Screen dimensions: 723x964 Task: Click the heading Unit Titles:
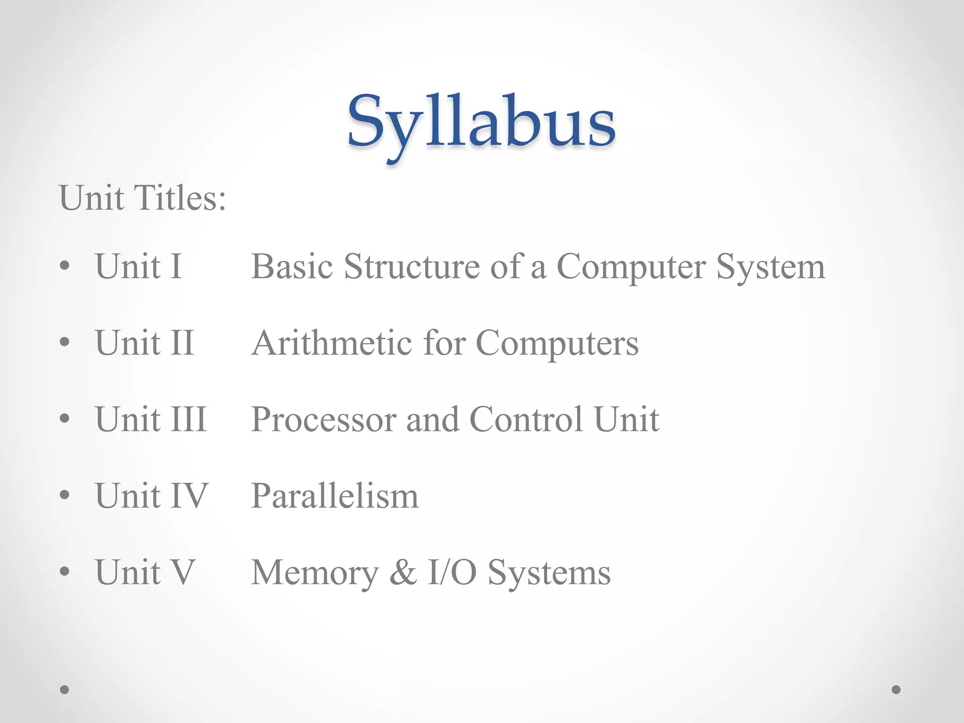(142, 198)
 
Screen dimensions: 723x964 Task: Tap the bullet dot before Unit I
(65, 266)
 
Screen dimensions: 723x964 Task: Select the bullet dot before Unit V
(65, 572)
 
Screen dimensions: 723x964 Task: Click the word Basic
(292, 267)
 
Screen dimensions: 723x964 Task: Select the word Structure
(411, 267)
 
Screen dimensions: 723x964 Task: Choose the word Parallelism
(335, 496)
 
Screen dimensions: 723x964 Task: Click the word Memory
(314, 573)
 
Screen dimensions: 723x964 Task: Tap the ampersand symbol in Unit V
(403, 572)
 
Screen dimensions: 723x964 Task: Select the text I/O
(452, 572)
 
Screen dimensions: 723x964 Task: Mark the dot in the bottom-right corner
(896, 690)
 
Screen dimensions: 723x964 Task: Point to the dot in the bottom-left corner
(65, 690)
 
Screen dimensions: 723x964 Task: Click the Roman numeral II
(182, 343)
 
